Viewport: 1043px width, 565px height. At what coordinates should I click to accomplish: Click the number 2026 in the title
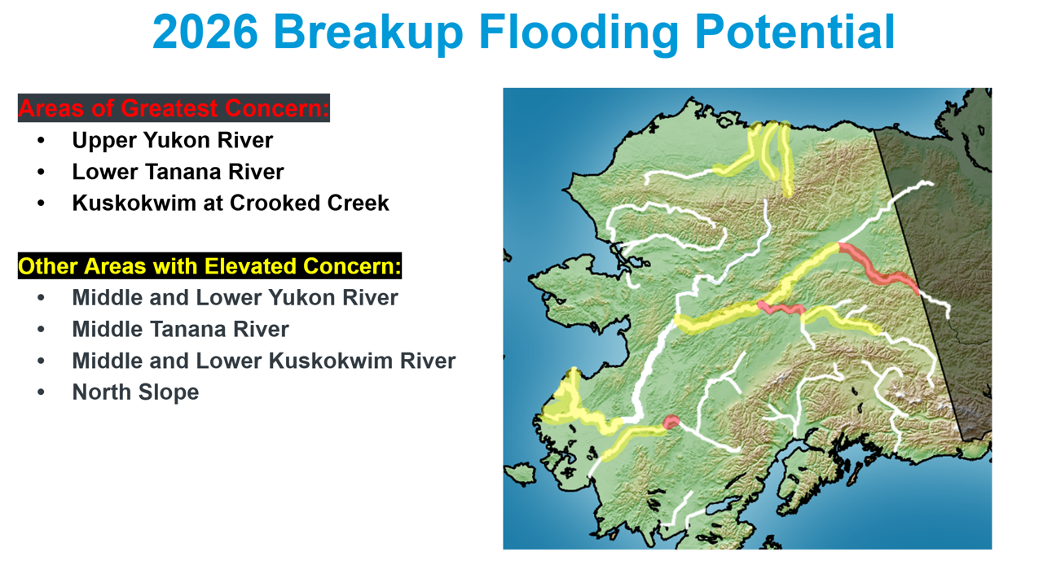point(205,32)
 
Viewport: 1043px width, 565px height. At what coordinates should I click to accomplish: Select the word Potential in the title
point(794,32)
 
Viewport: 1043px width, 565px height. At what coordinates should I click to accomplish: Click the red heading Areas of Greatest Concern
point(174,108)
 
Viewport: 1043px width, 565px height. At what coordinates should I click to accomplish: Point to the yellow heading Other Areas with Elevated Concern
point(209,266)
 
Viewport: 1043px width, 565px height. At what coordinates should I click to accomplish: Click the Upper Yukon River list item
point(172,141)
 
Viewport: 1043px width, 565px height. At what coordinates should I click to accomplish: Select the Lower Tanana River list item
point(178,172)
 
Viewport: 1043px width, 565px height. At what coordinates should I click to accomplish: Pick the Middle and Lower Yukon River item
point(235,298)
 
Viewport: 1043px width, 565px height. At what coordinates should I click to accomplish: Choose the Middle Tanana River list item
point(181,330)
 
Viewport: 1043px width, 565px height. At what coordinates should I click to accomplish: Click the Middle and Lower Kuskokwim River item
point(264,361)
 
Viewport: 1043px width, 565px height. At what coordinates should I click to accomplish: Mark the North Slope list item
point(135,392)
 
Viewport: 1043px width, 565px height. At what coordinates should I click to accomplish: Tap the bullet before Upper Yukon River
point(42,141)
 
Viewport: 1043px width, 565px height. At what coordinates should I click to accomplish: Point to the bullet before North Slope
point(42,392)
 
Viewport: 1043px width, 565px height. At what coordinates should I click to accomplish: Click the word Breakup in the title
point(368,33)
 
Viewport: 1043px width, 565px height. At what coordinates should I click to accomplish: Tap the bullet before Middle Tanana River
point(42,330)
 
